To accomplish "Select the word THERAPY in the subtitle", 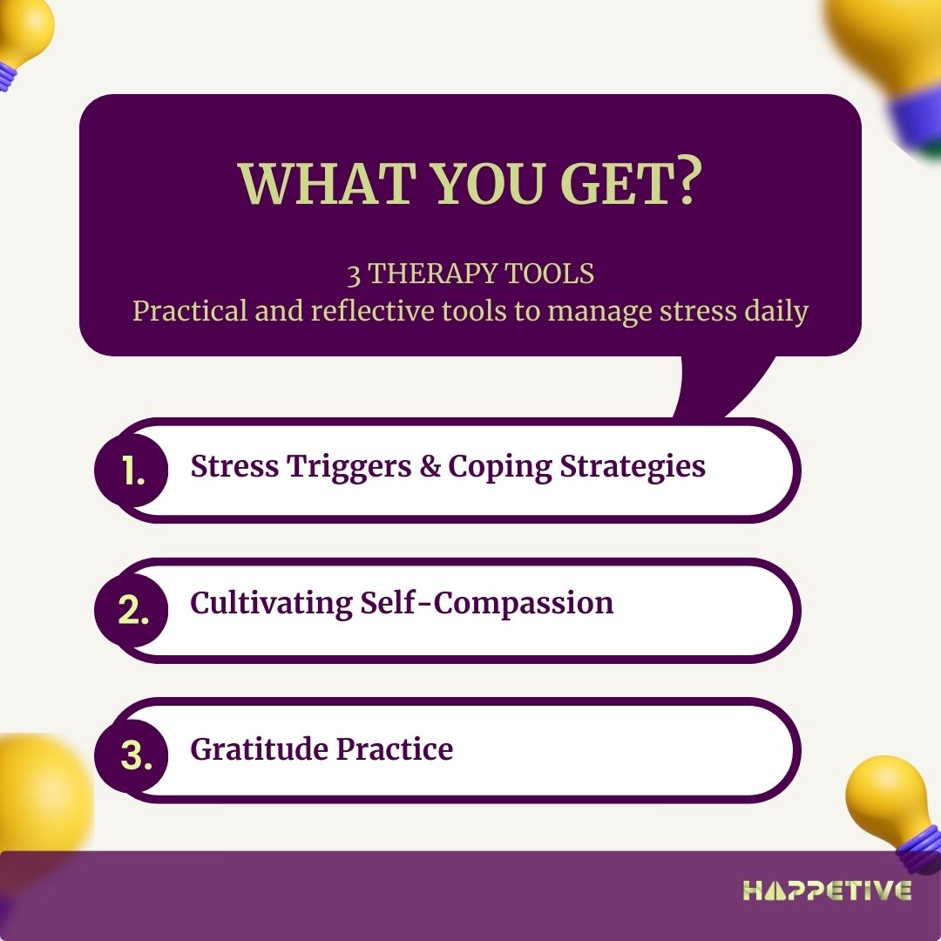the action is (x=432, y=274).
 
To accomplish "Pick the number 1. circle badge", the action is (x=132, y=470).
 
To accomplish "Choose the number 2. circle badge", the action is (x=132, y=610).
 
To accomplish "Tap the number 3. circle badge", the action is (x=132, y=755).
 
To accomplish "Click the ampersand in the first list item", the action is (x=430, y=466).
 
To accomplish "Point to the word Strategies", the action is (x=633, y=467).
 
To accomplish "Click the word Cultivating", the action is (x=271, y=603).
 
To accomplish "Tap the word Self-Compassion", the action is (x=487, y=603).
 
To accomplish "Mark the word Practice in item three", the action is (x=395, y=749).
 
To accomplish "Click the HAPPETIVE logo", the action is (x=827, y=890).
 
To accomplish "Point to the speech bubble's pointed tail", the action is (x=721, y=385).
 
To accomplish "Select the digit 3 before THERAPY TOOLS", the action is (x=354, y=274).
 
